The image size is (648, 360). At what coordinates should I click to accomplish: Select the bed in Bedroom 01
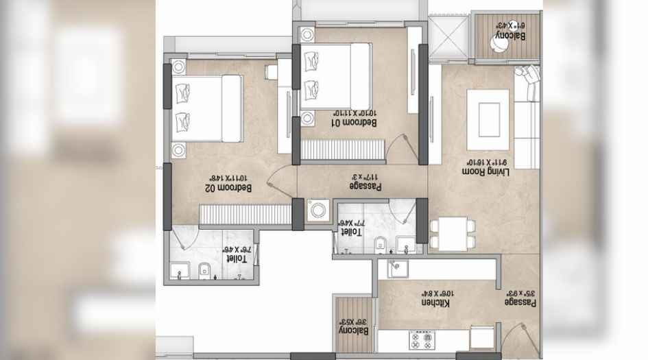tap(335, 76)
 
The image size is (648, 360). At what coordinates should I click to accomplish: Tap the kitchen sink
tap(398, 269)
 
